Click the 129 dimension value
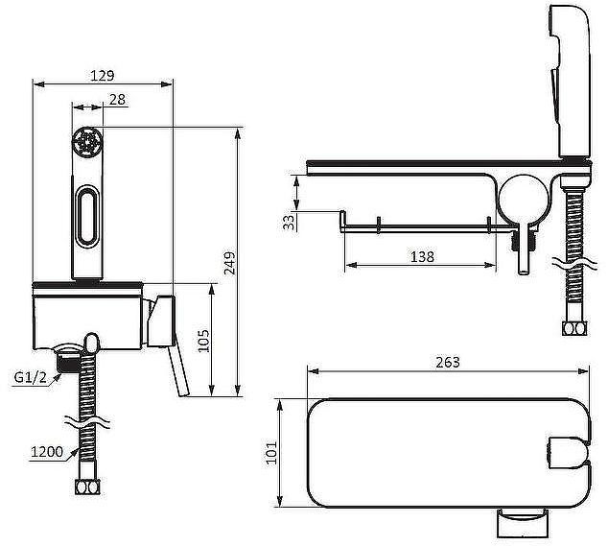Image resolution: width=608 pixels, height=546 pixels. pyautogui.click(x=103, y=76)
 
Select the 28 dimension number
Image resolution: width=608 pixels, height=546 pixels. pyautogui.click(x=118, y=100)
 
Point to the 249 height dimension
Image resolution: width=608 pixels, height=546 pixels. pyautogui.click(x=230, y=263)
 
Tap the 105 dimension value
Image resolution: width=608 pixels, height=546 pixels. pyautogui.click(x=203, y=341)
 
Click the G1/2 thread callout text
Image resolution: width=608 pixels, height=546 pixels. pyautogui.click(x=31, y=377)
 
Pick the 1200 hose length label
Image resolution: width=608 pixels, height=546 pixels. pyautogui.click(x=47, y=451)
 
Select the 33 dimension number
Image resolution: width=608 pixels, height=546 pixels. pyautogui.click(x=289, y=223)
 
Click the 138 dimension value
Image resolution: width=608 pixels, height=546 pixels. pyautogui.click(x=422, y=256)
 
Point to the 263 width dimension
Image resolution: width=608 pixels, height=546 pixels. pyautogui.click(x=448, y=362)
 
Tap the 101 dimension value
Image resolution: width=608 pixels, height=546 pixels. pyautogui.click(x=271, y=453)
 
